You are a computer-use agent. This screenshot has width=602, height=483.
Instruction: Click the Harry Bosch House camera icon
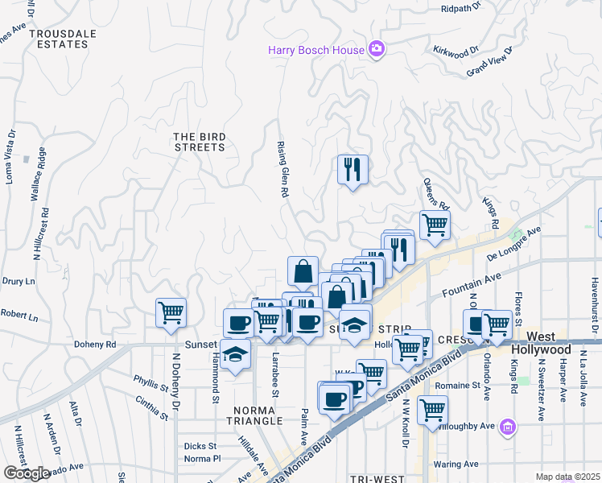point(376,50)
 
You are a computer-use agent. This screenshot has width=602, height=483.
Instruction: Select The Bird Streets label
point(200,142)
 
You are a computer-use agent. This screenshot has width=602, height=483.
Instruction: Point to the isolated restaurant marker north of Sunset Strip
point(353,170)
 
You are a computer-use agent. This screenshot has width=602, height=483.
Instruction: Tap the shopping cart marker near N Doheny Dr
point(171,313)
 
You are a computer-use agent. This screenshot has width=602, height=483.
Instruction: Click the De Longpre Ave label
point(513,244)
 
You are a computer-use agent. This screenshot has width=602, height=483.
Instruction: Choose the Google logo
point(27,473)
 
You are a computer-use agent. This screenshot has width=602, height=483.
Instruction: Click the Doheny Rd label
point(94,345)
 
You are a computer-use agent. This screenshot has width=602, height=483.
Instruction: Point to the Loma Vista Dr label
point(10,156)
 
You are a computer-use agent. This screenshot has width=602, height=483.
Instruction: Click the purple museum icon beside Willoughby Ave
point(508,426)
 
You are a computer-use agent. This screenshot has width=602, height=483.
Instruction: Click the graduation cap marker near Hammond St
point(234,354)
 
